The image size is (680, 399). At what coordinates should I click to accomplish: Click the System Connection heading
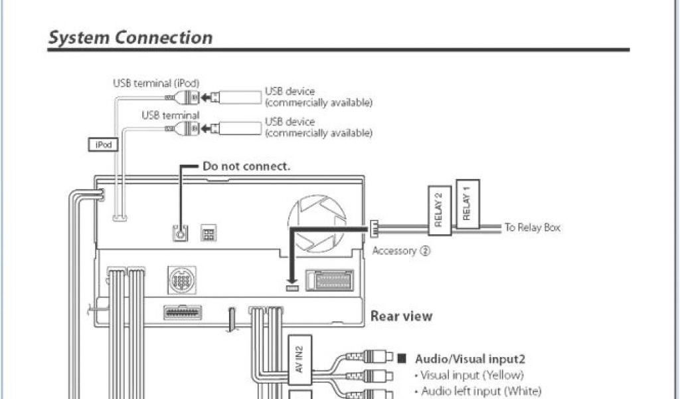(x=130, y=38)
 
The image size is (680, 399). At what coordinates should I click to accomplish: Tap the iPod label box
(x=103, y=144)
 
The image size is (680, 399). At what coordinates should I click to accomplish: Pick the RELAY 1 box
(x=467, y=203)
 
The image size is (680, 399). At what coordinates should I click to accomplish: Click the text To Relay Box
(x=532, y=227)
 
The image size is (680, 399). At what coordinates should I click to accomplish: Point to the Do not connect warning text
(x=246, y=166)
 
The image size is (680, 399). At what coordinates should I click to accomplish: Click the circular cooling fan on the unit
(x=317, y=223)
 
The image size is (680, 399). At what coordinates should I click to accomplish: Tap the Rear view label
(x=401, y=316)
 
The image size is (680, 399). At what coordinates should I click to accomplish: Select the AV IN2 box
(x=299, y=358)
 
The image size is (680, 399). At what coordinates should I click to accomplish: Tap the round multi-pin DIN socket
(x=181, y=280)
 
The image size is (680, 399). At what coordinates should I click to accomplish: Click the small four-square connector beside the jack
(x=208, y=233)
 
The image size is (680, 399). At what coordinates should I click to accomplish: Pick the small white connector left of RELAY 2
(x=374, y=227)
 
